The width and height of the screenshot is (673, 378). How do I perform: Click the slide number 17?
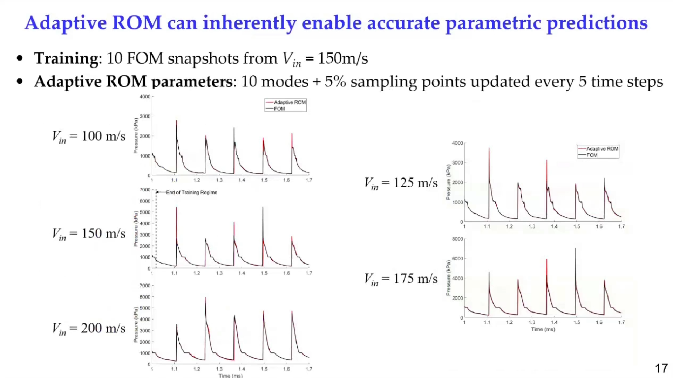point(661,368)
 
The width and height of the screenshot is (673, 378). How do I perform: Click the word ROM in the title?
point(137,23)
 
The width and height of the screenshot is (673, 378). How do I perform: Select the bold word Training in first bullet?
point(66,58)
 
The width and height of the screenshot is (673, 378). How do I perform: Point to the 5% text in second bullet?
point(335,82)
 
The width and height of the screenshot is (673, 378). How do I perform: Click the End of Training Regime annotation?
point(191,192)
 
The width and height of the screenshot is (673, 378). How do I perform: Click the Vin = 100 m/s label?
point(89,136)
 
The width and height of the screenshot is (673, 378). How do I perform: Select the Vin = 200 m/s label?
point(89,329)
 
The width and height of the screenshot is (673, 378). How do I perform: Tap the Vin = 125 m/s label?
point(401,183)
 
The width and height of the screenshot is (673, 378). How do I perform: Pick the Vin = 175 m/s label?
point(401,279)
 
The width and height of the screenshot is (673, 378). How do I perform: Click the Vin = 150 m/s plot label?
point(89,234)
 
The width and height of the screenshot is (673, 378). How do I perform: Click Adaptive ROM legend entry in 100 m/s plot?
point(289,102)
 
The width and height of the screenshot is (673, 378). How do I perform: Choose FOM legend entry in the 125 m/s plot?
point(592,155)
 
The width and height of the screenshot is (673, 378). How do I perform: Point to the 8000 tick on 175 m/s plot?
point(457,239)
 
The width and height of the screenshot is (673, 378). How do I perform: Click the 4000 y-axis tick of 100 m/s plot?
point(145,97)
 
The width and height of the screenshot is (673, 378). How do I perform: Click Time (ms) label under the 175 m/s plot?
point(543,329)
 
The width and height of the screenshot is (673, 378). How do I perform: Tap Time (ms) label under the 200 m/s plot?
point(230,376)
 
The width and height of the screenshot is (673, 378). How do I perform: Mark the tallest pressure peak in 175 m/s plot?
point(575,249)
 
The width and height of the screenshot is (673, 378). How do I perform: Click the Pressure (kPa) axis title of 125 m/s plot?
point(448,182)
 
